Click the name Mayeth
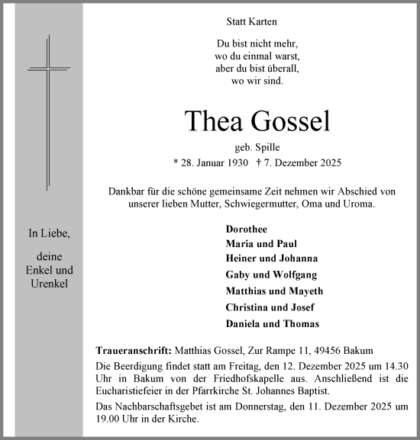pyautogui.click(x=305, y=291)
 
